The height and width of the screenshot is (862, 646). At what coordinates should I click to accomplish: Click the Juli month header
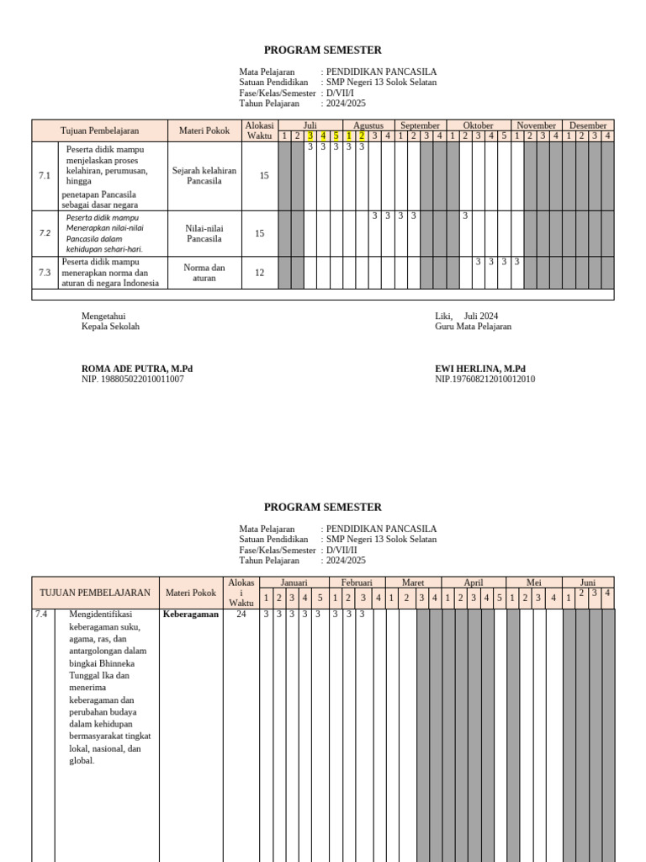coord(310,125)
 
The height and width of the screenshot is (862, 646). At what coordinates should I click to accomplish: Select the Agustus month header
coord(368,125)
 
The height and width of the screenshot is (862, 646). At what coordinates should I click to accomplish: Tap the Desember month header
coord(587,125)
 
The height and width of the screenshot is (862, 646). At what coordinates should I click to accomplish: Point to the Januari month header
coord(294,583)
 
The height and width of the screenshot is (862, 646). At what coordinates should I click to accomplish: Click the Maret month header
coord(412,583)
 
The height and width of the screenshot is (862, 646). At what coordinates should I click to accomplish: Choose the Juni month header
coord(587,583)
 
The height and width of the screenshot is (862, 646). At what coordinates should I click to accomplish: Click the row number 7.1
coord(45,176)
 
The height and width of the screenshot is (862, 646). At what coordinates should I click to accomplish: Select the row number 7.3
coord(45,272)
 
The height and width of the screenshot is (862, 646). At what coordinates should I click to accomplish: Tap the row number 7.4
coord(41,615)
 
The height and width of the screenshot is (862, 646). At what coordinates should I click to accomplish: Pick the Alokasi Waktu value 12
coord(260,272)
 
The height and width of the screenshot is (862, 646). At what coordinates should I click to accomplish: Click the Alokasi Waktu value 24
coord(241,615)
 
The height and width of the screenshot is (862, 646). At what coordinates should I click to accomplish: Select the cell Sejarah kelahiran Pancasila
coord(204,176)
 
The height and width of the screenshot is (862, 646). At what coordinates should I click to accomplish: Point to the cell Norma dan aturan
coord(204,273)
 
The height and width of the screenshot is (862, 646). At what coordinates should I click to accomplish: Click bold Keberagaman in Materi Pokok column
coord(190,615)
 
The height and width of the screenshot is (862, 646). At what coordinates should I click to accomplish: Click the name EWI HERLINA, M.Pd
coord(479,369)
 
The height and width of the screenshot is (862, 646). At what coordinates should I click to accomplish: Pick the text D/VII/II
coord(342,550)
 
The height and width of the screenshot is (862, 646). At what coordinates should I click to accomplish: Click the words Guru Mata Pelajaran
coord(473,327)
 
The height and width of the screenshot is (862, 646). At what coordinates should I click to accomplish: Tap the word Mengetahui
coord(103,316)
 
